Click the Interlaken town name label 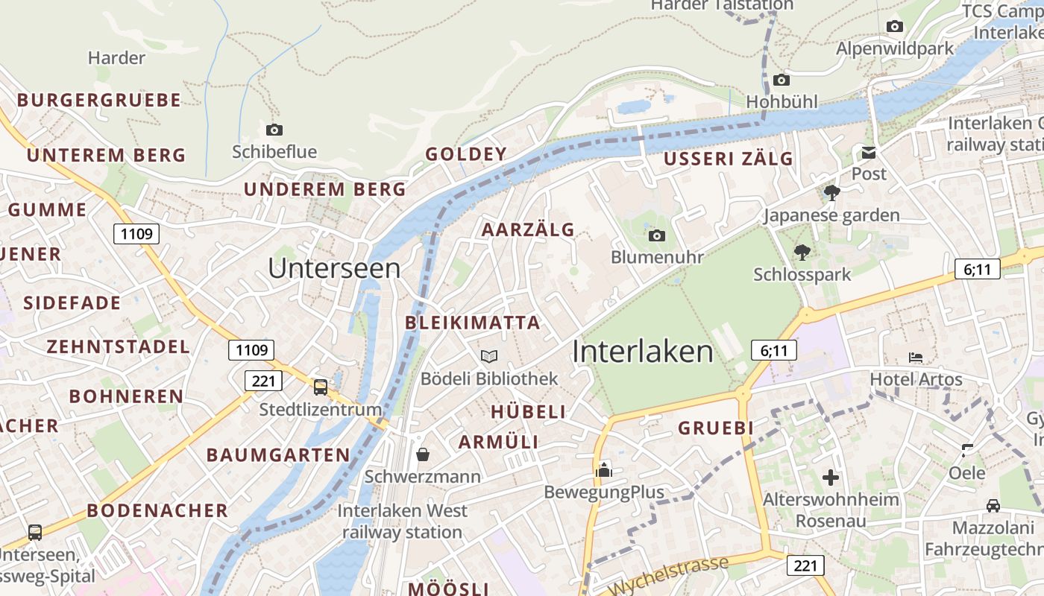point(642,351)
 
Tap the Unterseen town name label point(333,268)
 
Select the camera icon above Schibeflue point(274,130)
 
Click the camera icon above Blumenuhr point(657,235)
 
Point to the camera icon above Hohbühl point(782,80)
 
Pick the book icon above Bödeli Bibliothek point(488,357)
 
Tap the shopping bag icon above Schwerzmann point(423,454)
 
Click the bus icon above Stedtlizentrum point(320,387)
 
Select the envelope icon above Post point(869,153)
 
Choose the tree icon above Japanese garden point(832,194)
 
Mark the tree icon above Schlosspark point(802,253)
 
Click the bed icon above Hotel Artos point(916,358)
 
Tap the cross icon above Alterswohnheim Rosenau point(831,478)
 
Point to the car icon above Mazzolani point(993,506)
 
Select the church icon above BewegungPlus point(603,470)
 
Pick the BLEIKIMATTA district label point(472,323)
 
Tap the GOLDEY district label point(466,154)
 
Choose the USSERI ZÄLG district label point(729,159)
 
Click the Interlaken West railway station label point(403,521)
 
